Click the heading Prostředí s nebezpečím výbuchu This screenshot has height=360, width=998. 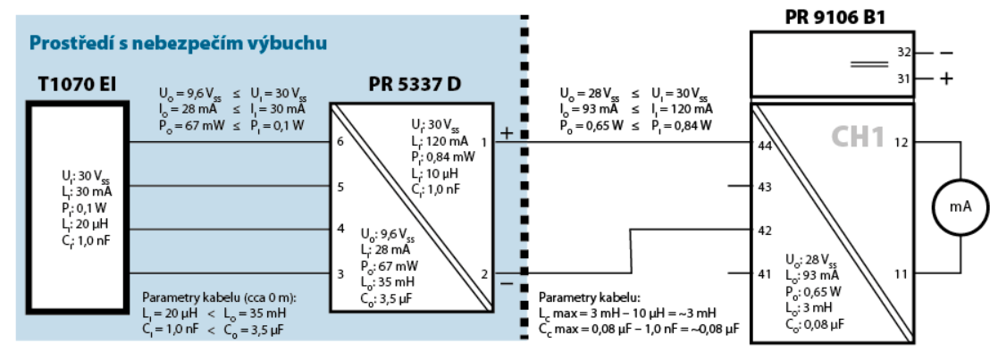[x=177, y=42]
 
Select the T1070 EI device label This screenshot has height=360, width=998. [x=78, y=86]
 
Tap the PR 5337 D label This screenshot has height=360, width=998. [x=415, y=86]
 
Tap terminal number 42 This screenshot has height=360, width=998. [x=765, y=230]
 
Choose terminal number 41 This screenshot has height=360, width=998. [x=765, y=272]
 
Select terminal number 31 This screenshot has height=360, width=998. [x=904, y=79]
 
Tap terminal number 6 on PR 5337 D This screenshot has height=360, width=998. [x=340, y=142]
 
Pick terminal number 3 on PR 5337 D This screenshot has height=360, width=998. [x=340, y=272]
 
